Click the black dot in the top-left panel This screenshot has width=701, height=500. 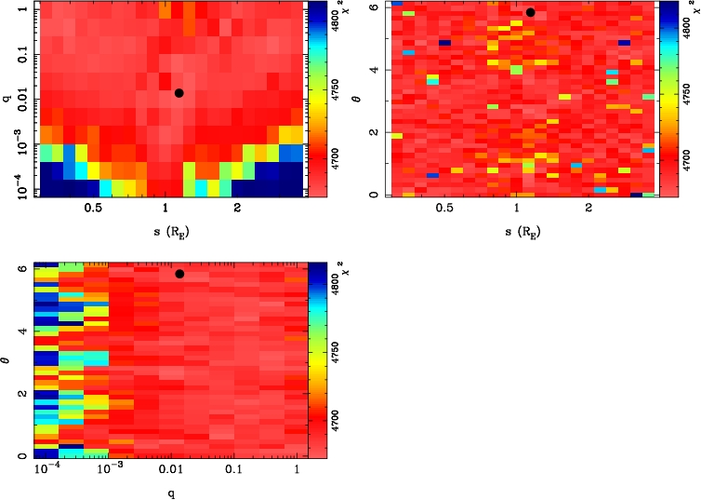(x=179, y=92)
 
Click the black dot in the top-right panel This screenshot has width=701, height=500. (x=530, y=12)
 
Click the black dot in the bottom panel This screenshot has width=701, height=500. (x=179, y=274)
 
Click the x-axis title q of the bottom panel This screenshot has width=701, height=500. (x=168, y=493)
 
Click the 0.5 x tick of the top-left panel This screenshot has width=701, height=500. (x=92, y=209)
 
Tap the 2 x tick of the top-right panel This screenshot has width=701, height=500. (x=589, y=209)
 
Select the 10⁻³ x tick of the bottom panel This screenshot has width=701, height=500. (x=109, y=471)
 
